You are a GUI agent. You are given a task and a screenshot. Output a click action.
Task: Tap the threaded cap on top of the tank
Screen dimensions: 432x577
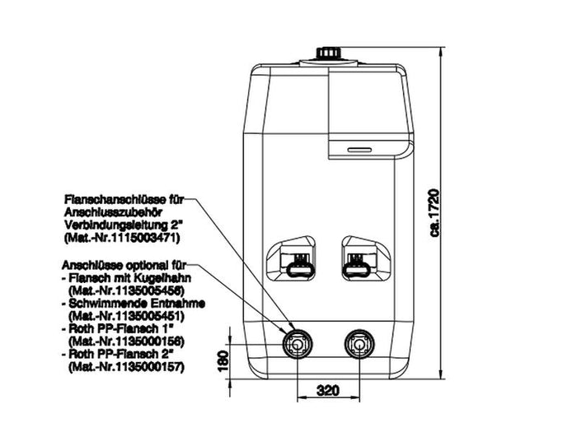tap(329, 55)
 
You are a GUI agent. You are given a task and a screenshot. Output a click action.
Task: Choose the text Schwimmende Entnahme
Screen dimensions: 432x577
tap(133, 304)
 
